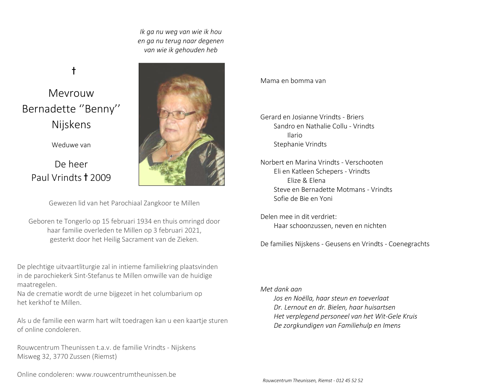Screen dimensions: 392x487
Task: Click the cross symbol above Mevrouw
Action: [74, 71]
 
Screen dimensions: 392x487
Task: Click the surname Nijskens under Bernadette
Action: [71, 125]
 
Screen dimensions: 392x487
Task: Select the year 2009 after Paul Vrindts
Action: [101, 178]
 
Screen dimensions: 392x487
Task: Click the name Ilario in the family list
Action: [295, 135]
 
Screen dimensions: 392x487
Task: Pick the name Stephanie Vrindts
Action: [300, 144]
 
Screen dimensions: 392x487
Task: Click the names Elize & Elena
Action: [306, 181]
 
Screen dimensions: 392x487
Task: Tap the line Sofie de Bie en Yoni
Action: [303, 199]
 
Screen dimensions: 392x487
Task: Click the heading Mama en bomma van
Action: [293, 81]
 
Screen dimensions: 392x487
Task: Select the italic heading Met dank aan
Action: [281, 289]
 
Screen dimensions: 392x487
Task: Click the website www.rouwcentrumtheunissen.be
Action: [126, 375]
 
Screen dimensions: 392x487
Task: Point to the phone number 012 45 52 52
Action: [349, 381]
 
